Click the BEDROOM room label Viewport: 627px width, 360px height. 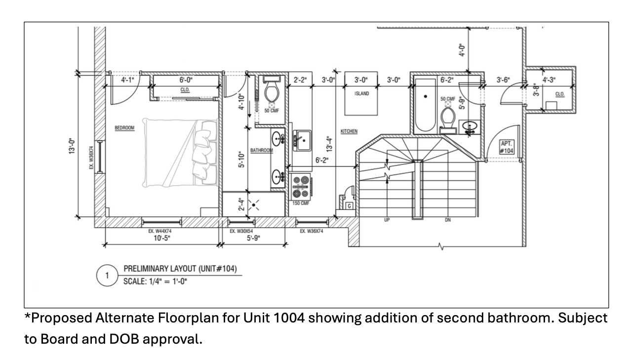(124, 128)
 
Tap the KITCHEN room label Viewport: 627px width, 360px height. (349, 131)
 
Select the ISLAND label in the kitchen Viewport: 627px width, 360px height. (362, 94)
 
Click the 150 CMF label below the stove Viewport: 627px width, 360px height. (301, 203)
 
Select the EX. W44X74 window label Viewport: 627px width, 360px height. (161, 231)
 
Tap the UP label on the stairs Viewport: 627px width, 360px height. (387, 220)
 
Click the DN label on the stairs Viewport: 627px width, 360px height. (448, 220)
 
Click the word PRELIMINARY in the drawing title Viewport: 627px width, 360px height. (144, 269)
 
